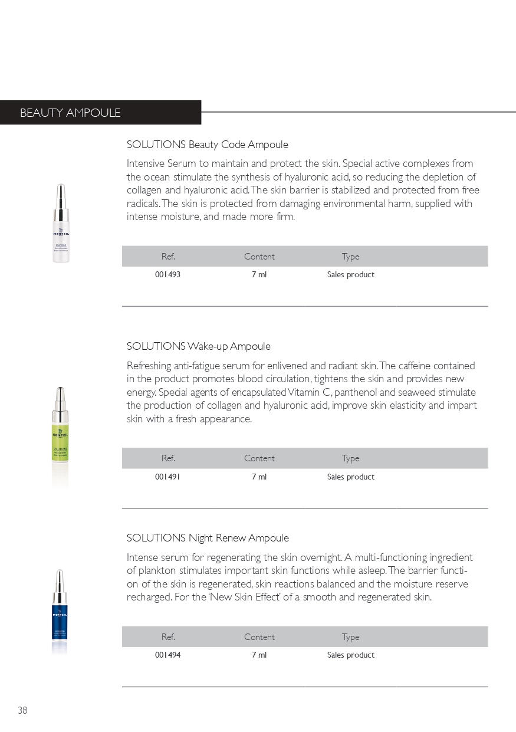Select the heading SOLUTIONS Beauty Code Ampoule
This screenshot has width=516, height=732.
tap(208, 145)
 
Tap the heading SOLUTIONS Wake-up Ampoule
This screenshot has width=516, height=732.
tap(199, 346)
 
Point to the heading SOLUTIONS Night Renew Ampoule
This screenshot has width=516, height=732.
tap(208, 538)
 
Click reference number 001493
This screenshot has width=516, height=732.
tap(167, 275)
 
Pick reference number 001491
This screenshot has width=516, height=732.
tap(167, 477)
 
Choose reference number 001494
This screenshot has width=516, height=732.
tap(167, 655)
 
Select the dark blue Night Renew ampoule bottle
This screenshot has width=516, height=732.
tap(59, 613)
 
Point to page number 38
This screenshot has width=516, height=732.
tap(22, 711)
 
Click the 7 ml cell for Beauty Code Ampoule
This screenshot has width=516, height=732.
tap(259, 275)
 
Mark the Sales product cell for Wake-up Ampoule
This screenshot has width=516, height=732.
tap(351, 477)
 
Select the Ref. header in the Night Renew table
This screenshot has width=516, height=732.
tap(168, 637)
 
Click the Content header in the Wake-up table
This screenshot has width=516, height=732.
tap(259, 458)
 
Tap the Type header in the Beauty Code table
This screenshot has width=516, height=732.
tap(350, 257)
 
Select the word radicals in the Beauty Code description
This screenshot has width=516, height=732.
tap(143, 203)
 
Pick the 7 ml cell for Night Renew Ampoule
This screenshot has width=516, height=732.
tap(259, 655)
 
